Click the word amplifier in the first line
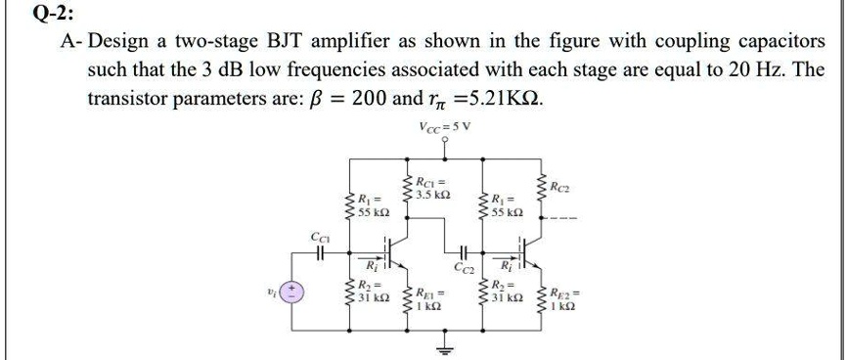[x=377, y=44]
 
